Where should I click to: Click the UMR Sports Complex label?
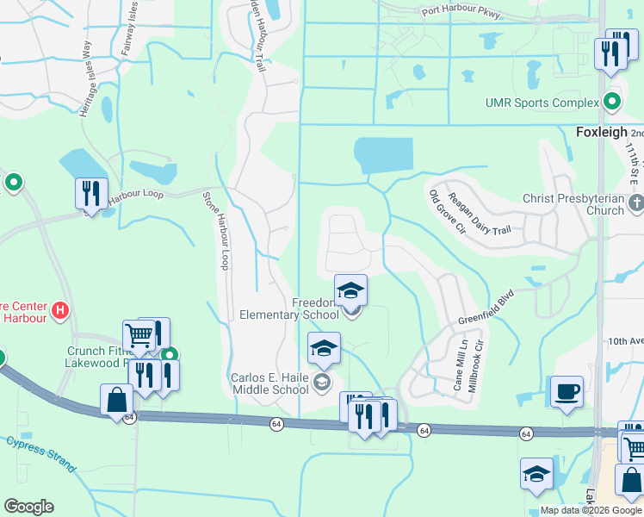click(542, 103)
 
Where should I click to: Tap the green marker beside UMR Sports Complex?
click(612, 103)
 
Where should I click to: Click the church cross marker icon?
click(635, 203)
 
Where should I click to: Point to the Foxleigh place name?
click(599, 133)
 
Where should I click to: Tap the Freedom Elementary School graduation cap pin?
click(351, 291)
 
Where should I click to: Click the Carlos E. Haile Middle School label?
click(269, 384)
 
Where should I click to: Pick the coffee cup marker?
click(567, 393)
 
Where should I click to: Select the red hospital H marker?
click(59, 308)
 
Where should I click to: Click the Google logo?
click(28, 507)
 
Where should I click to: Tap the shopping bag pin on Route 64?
click(116, 401)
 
